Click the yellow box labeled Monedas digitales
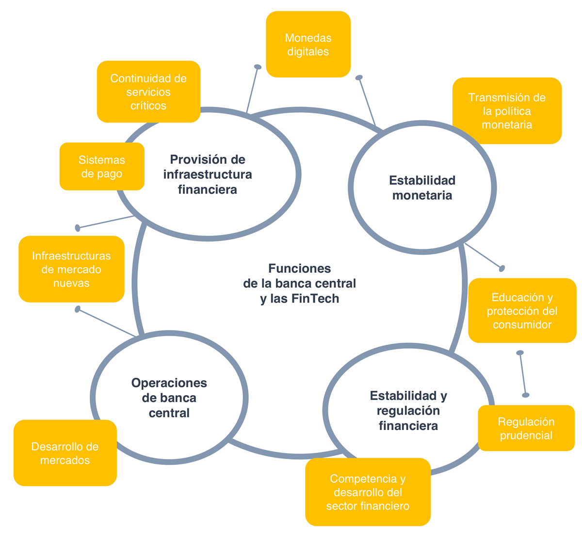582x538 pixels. click(308, 44)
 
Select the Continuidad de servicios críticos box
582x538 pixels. click(148, 92)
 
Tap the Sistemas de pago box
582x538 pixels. click(102, 166)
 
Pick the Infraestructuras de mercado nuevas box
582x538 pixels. click(71, 269)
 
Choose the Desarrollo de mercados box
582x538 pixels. click(65, 453)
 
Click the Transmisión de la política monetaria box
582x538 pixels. click(507, 110)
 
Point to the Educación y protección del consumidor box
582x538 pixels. click(522, 310)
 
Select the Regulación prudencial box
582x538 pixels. click(526, 428)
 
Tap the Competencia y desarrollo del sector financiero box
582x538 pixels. click(368, 492)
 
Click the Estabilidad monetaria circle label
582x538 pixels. click(422, 187)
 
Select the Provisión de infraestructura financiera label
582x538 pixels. click(208, 174)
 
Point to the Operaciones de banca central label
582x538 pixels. click(169, 398)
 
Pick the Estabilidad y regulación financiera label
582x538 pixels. click(408, 410)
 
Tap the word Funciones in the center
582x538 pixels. click(300, 268)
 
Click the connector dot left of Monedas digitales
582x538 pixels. click(258, 67)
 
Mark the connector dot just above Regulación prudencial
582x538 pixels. click(526, 395)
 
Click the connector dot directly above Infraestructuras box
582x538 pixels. click(78, 228)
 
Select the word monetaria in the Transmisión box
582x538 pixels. click(507, 125)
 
